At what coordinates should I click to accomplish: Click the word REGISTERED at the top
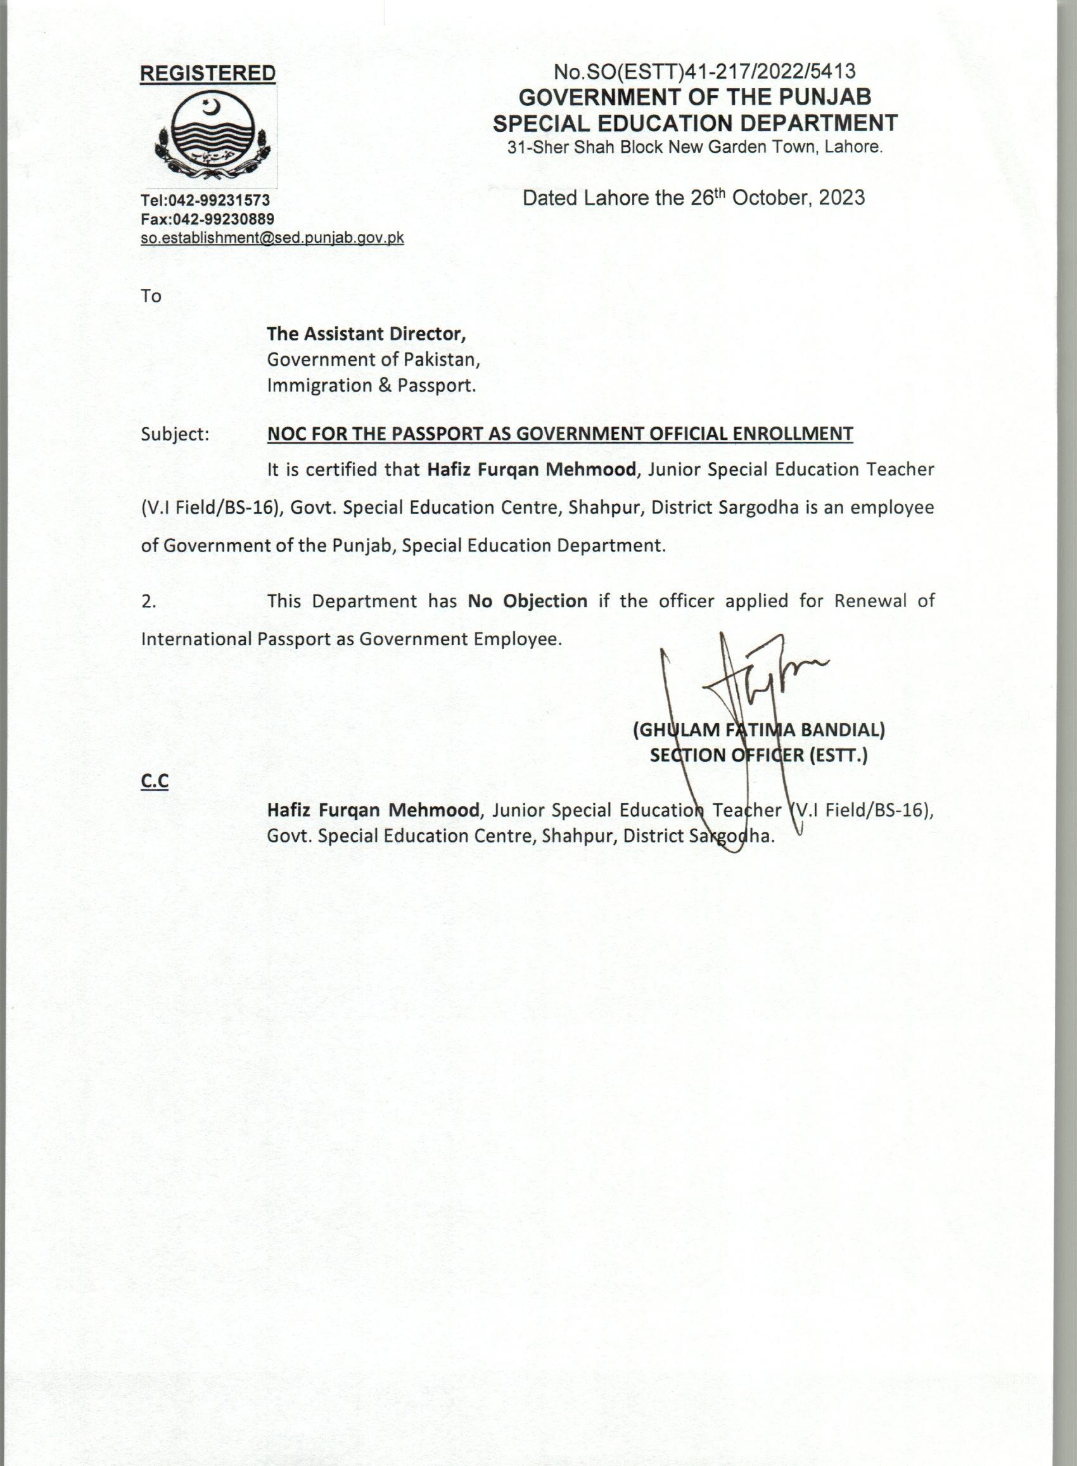(x=208, y=74)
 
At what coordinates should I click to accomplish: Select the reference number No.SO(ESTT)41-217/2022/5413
(x=704, y=71)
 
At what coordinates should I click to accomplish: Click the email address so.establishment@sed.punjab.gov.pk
(x=272, y=238)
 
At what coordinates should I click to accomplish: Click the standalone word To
(x=151, y=296)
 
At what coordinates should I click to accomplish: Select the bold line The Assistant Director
(x=366, y=334)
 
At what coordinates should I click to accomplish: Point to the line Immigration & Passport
(x=372, y=385)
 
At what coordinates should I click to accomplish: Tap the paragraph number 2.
(x=149, y=601)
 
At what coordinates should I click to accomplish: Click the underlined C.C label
(x=155, y=782)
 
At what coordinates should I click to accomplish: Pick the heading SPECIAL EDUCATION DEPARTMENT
(x=695, y=122)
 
